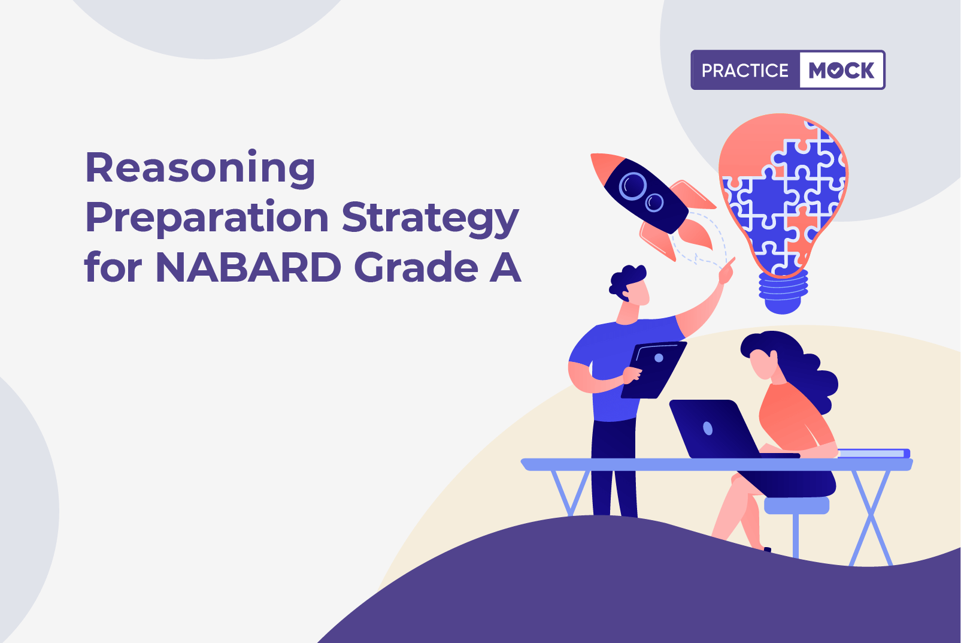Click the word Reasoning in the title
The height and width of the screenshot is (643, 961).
click(x=201, y=168)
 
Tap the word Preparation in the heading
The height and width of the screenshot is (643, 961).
click(x=207, y=219)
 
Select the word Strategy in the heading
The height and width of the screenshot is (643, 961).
click(x=431, y=219)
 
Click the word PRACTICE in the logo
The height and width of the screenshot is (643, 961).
click(x=745, y=70)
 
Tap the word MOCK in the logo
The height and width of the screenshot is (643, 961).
click(x=841, y=70)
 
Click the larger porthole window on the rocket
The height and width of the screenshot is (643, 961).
click(x=632, y=186)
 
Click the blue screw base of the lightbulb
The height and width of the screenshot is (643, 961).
click(x=783, y=292)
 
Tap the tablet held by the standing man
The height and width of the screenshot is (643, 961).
click(x=654, y=370)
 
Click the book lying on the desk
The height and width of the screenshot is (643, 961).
click(x=874, y=453)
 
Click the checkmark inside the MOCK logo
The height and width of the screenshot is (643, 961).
click(x=835, y=71)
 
